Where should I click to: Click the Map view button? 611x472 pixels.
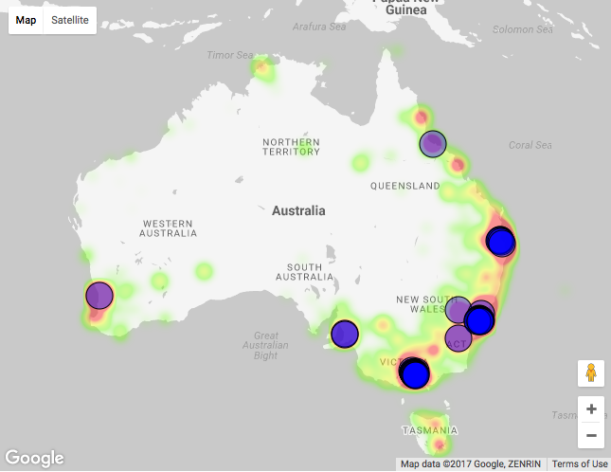click(x=27, y=20)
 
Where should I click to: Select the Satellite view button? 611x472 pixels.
click(x=70, y=20)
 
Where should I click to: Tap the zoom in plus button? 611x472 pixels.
click(x=591, y=409)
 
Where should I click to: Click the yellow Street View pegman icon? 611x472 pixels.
click(x=591, y=372)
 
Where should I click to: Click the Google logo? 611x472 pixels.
click(x=34, y=458)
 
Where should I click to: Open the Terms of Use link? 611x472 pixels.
click(x=580, y=464)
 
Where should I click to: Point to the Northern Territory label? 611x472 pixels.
click(x=291, y=146)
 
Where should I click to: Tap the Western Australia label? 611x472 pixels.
click(x=169, y=227)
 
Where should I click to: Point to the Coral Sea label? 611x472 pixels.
click(x=530, y=145)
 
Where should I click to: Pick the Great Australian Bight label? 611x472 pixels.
click(x=266, y=345)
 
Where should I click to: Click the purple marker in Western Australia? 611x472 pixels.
click(x=99, y=295)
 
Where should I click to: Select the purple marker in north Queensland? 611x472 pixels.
click(x=433, y=143)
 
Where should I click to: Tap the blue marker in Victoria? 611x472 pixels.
click(x=415, y=372)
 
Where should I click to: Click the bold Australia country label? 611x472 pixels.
click(x=298, y=210)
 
